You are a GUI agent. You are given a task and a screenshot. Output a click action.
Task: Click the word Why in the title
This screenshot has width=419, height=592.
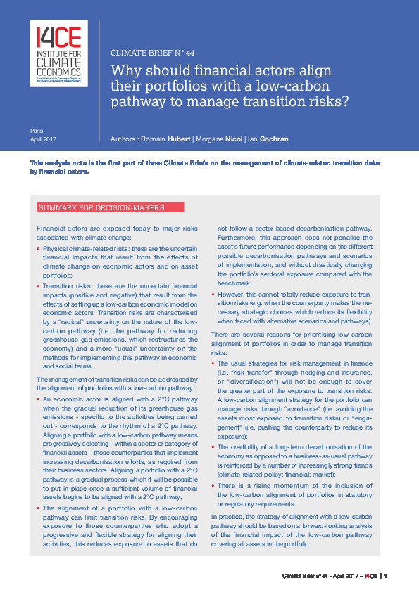[127, 70]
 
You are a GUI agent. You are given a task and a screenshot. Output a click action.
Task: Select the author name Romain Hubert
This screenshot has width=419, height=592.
[164, 139]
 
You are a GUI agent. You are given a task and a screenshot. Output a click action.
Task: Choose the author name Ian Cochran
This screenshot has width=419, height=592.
[268, 139]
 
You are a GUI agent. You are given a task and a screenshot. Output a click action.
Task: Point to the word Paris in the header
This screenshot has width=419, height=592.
[37, 131]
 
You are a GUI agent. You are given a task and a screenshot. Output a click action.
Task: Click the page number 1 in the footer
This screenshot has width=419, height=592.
[387, 576]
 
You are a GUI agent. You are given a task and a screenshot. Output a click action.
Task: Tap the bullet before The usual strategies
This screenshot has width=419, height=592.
[213, 363]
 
